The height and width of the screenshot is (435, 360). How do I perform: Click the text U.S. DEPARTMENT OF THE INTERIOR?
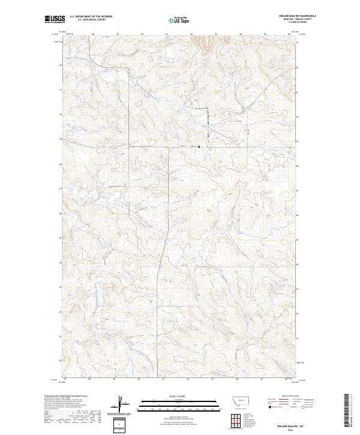[x=90, y=17]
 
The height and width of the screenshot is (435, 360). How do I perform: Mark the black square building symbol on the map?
[x=199, y=146]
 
